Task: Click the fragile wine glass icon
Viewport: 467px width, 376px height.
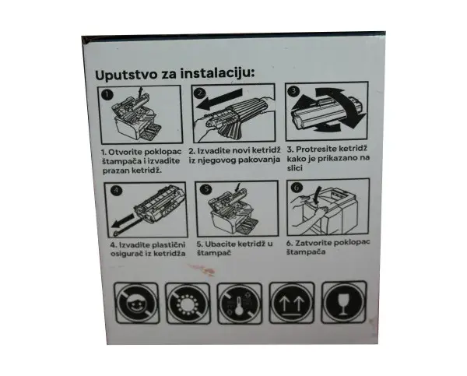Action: (341, 302)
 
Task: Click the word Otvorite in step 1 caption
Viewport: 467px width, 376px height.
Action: (127, 149)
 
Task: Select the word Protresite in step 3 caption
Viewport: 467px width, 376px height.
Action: (318, 149)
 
